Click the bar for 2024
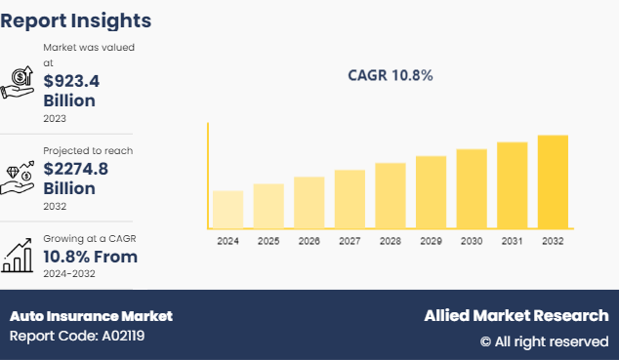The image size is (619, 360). pos(227,210)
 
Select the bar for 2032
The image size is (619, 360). pos(553,181)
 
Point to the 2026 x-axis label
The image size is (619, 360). pos(309,241)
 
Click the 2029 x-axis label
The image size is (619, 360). pos(431,241)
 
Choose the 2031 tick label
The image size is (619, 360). pos(512,241)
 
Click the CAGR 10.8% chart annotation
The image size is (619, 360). pos(391,75)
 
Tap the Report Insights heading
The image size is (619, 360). pos(75,20)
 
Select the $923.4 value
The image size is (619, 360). pos(71,81)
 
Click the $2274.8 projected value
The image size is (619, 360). pos(76,169)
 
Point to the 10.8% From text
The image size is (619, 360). pos(90,257)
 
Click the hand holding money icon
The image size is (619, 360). pos(19,83)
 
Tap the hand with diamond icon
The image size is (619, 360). pos(19,171)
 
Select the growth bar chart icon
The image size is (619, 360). pos(19,257)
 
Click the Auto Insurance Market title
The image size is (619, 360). pos(91,316)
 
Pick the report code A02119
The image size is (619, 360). pos(77,337)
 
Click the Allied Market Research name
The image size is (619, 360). pos(516,316)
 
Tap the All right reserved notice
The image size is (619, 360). pos(544,341)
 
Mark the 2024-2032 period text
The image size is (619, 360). pos(70,276)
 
